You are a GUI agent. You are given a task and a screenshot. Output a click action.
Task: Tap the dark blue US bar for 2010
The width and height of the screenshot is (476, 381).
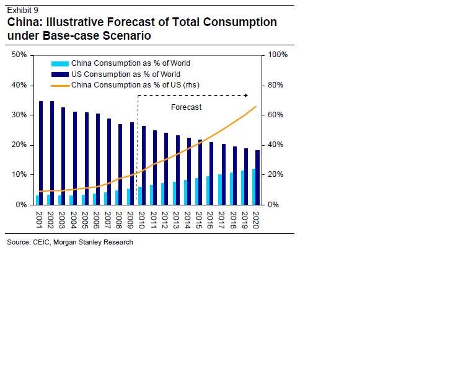[x=144, y=165]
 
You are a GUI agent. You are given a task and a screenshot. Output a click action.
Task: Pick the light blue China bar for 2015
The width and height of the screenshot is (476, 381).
[x=197, y=191]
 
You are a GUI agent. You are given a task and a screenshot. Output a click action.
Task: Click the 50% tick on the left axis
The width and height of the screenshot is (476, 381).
[x=19, y=55]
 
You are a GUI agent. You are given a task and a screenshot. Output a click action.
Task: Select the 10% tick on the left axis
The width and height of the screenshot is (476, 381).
[x=19, y=174]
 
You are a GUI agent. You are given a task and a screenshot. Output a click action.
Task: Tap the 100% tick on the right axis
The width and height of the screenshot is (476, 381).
[x=277, y=55]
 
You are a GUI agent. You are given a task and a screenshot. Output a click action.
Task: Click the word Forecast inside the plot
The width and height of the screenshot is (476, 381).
[x=186, y=107]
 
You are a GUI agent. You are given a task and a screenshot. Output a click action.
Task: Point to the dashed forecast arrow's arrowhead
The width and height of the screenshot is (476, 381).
[x=246, y=95]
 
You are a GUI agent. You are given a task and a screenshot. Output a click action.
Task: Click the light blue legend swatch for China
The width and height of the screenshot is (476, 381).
[x=59, y=63]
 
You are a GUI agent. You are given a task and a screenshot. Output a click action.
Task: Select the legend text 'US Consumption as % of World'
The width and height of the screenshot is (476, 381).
[x=126, y=74]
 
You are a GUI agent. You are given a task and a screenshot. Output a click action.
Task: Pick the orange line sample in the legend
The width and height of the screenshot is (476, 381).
[x=59, y=85]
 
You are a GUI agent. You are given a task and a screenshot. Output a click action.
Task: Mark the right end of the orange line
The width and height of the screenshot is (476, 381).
[x=256, y=107]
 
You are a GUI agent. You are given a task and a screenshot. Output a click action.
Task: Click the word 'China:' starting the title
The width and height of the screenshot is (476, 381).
[x=24, y=22]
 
